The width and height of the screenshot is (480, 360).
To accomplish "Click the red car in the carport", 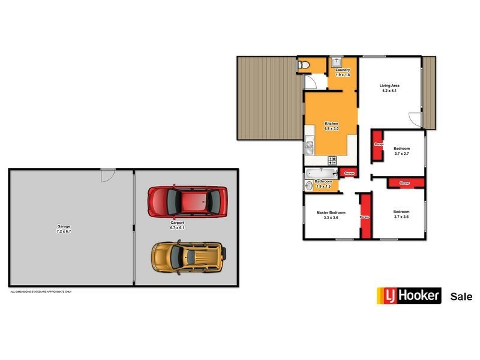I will (x=188, y=200).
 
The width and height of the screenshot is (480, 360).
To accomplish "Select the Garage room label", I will (x=64, y=229).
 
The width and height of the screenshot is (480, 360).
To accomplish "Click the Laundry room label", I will (x=343, y=73).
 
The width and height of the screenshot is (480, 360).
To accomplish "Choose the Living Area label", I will (x=389, y=88).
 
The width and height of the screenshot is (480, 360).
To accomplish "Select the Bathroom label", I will (x=323, y=183).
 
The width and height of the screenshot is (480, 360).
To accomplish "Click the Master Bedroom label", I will (x=331, y=215).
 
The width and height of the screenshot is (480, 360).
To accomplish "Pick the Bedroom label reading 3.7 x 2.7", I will (x=401, y=151).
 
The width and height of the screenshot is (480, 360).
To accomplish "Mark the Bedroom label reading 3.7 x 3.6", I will (x=401, y=214).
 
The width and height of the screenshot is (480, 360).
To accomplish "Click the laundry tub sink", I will (x=336, y=61).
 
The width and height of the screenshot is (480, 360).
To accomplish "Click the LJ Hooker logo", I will (x=409, y=296).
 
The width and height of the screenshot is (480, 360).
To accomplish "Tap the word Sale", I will (x=461, y=296).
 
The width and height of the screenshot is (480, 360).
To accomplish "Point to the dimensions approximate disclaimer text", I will (x=41, y=292).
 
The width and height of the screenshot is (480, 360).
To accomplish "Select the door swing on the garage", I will (x=107, y=175).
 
